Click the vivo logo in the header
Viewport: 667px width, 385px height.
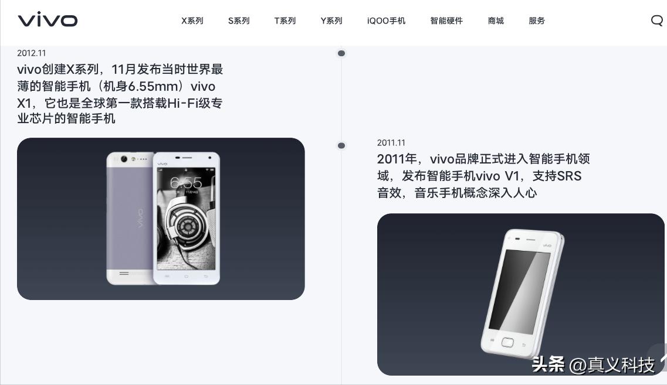[x=48, y=20]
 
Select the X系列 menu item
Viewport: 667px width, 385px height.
[x=192, y=21]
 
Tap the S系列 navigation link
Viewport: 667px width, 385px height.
[x=239, y=21]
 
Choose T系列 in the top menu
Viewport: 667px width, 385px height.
[x=285, y=21]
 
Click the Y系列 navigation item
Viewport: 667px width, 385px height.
[x=331, y=21]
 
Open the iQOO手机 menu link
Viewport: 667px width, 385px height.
[x=386, y=21]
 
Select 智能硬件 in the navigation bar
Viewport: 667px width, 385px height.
[x=446, y=21]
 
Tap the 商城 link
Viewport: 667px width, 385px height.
[x=496, y=21]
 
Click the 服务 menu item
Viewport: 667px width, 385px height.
[x=537, y=21]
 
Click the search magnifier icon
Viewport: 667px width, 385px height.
[x=656, y=21]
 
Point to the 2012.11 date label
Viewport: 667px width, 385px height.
[x=32, y=53]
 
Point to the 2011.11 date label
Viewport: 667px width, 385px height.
[x=391, y=143]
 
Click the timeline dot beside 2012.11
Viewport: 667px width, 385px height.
[x=341, y=53]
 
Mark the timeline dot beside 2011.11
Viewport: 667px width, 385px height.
[x=341, y=145]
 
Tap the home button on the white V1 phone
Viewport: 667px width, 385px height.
[x=507, y=342]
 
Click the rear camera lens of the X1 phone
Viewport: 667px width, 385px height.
[x=124, y=159]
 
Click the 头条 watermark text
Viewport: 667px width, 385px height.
[x=548, y=364]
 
